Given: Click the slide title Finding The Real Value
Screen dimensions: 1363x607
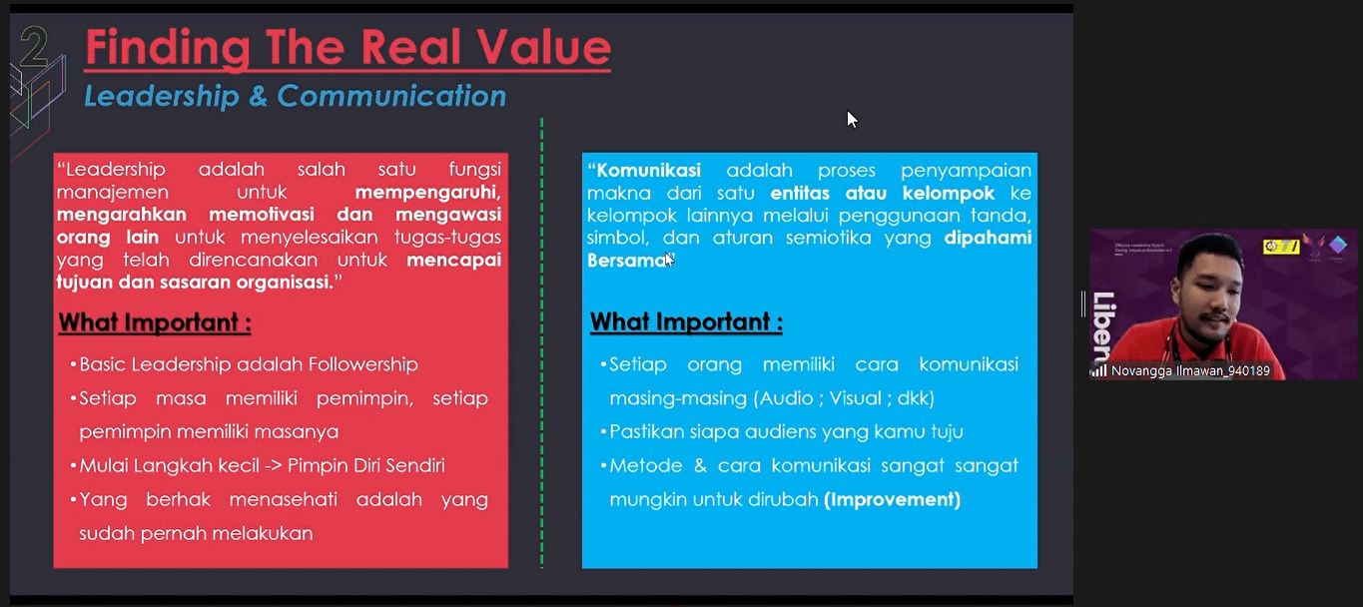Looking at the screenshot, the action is tap(348, 48).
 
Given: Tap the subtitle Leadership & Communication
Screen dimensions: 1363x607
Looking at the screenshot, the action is tap(296, 96).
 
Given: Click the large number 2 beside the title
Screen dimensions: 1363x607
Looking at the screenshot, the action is tap(34, 46).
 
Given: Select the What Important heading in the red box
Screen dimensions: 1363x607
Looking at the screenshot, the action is tap(155, 322).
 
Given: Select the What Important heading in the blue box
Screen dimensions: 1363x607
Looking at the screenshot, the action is tap(686, 321).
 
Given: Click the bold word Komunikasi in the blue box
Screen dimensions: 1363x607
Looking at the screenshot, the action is tap(649, 171).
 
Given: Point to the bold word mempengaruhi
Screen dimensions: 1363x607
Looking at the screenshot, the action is tap(428, 193).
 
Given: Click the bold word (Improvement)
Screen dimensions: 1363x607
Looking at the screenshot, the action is tap(892, 499).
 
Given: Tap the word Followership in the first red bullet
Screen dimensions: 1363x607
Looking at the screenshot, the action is tap(362, 364).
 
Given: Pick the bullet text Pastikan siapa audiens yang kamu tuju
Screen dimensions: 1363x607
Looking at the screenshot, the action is tap(786, 432).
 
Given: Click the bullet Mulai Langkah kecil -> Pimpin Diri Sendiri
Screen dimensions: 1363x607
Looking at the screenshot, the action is tap(263, 466).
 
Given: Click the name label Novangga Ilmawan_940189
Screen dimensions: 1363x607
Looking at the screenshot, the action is tap(1191, 370).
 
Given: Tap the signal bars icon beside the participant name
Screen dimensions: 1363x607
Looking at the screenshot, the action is tap(1099, 370).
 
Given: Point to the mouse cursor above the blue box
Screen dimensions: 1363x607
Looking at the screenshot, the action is tap(852, 119).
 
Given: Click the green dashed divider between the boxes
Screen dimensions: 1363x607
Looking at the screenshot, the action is tap(541, 343).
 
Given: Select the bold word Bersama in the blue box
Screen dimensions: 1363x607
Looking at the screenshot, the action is tap(628, 261).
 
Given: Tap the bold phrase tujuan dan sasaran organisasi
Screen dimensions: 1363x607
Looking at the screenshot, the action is tap(195, 283).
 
